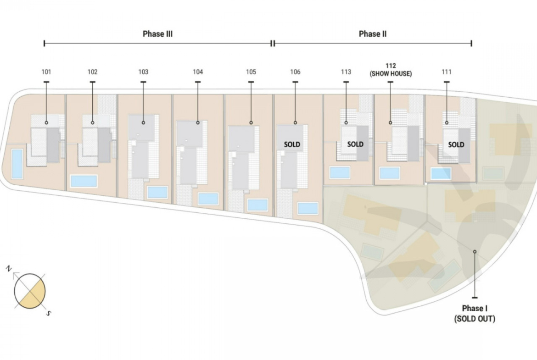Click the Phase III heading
[x=157, y=34]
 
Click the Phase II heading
[x=373, y=34]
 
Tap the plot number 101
[x=46, y=72]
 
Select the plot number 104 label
[x=198, y=72]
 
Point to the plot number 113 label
[x=346, y=72]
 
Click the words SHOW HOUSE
[x=391, y=73]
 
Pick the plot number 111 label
[x=447, y=72]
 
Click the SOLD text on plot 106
[x=292, y=145]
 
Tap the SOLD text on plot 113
[x=356, y=144]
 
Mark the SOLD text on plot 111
[x=456, y=145]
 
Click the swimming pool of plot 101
[x=17, y=164]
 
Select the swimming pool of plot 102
[x=84, y=181]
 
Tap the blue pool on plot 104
[x=208, y=199]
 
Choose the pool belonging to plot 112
[x=390, y=173]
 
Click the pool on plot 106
[x=308, y=208]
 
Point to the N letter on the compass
[x=9, y=269]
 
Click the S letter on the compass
[x=49, y=313]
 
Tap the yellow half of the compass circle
[x=34, y=295]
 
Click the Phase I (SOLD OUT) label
[x=475, y=314]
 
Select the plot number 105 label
[x=251, y=72]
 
